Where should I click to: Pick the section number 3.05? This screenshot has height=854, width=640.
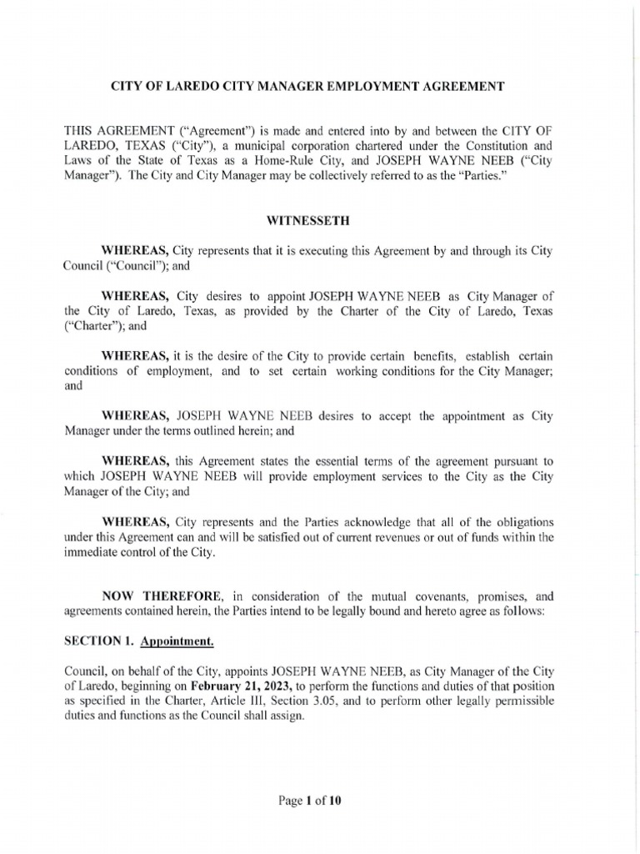coord(325,701)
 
